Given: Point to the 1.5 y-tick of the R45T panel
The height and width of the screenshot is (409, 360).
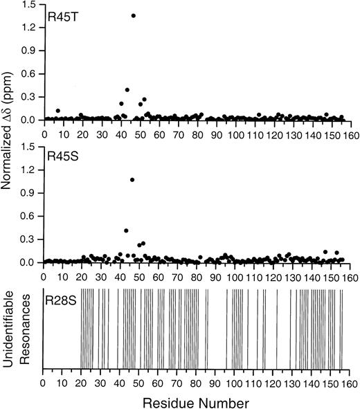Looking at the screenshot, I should pyautogui.click(x=32, y=4).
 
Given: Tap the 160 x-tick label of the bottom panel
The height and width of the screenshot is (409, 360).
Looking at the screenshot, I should pyautogui.click(x=349, y=381).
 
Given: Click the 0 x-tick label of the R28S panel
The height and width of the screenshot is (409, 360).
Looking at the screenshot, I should pyautogui.click(x=44, y=381).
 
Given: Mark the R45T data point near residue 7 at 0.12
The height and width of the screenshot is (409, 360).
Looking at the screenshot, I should pyautogui.click(x=58, y=111).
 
